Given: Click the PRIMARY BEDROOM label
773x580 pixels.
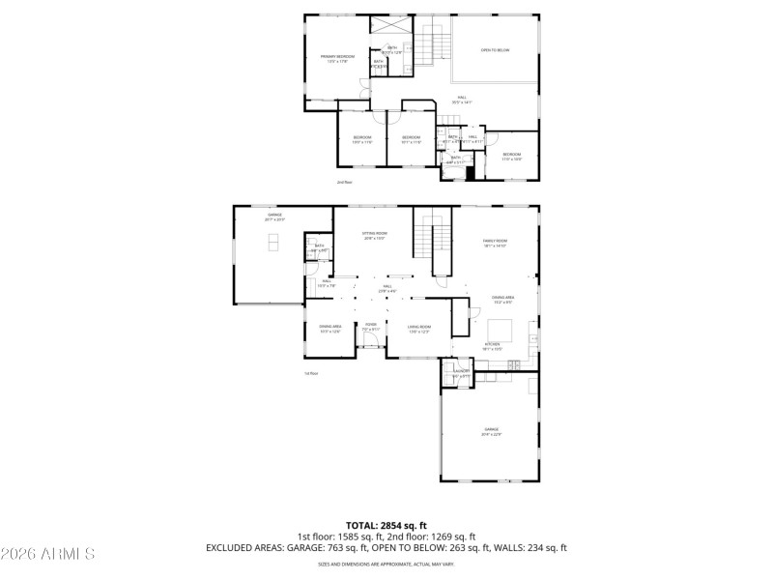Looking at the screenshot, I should pos(337,57).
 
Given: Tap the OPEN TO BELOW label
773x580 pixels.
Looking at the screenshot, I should pos(495,50).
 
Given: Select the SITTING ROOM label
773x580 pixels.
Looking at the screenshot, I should pos(374,235).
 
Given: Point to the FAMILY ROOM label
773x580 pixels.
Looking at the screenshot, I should pos(495,242).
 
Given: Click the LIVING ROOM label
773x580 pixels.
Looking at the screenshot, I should pos(418,329).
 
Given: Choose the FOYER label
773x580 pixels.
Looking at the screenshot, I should pos(370,326).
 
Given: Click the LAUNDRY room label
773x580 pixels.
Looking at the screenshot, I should pos(461,371).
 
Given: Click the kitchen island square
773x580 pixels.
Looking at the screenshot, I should pos(460,316).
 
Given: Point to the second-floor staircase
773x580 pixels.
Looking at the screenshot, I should pos(432,46).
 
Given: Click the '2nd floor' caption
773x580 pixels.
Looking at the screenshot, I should pos(343,182).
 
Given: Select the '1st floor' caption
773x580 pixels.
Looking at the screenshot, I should pos(311,372).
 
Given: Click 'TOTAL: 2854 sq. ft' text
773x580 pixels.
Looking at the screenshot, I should pos(386,525).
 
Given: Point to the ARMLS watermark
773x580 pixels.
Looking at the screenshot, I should pos(48,554).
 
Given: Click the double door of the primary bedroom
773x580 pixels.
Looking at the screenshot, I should pos(363,86).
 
